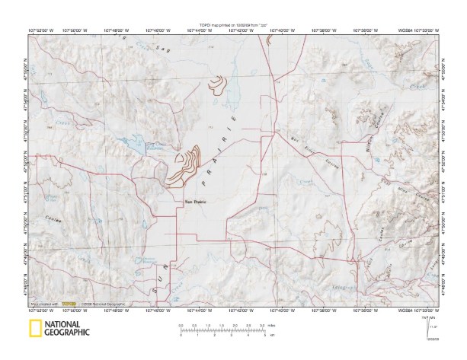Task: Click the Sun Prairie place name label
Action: coord(196,202)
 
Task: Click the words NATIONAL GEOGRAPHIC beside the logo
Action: coord(67,330)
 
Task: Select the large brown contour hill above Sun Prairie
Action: coord(185,166)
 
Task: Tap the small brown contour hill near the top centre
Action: coord(220,82)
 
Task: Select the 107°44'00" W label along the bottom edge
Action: coord(200,311)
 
